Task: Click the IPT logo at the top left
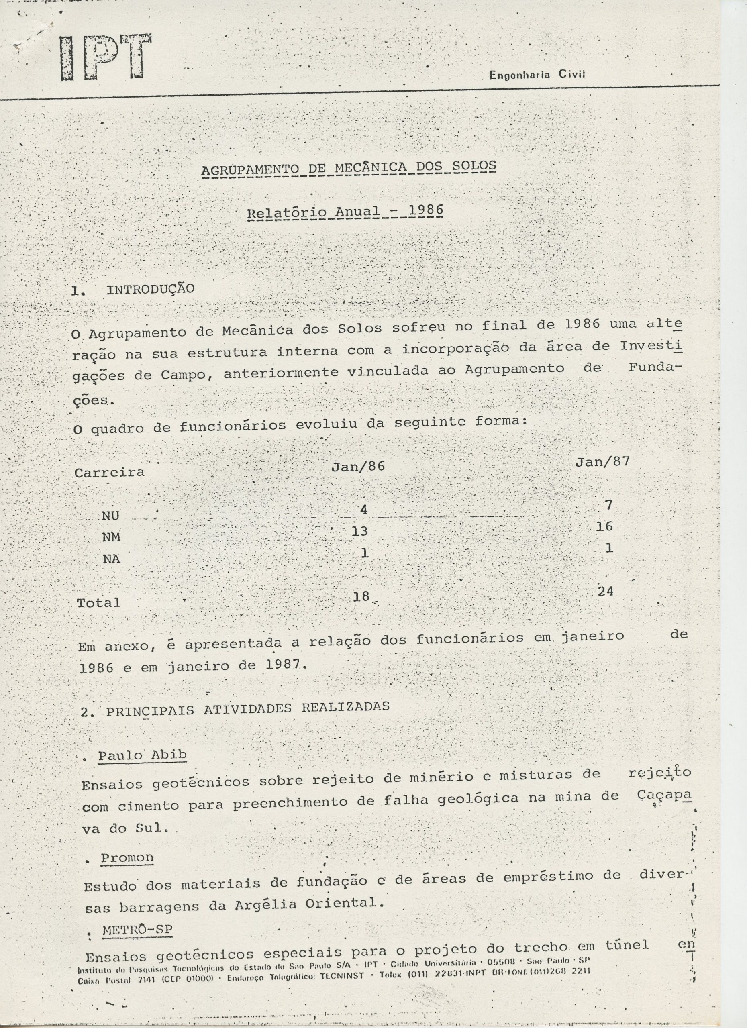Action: [105, 57]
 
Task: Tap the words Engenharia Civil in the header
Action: [537, 75]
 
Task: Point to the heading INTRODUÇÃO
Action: [150, 289]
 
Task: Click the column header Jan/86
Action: [358, 466]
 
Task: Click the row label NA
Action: [111, 559]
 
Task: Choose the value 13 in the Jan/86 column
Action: [359, 531]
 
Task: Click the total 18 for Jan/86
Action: [361, 596]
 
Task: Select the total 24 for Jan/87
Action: [606, 591]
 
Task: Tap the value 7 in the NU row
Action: [608, 505]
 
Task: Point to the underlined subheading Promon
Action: [127, 858]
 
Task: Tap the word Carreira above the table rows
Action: [109, 473]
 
